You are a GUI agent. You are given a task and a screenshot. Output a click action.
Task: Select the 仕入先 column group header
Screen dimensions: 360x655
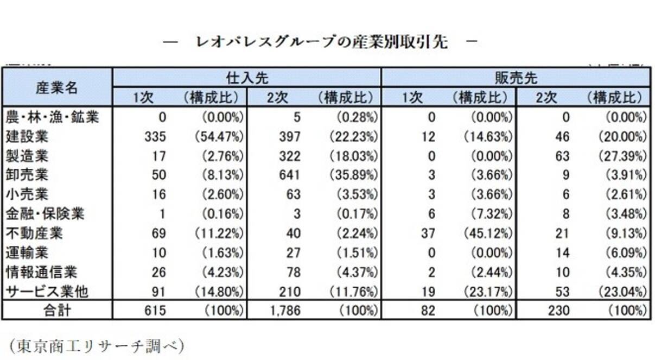click(246, 78)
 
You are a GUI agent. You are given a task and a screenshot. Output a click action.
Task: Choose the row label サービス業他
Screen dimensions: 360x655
click(46, 292)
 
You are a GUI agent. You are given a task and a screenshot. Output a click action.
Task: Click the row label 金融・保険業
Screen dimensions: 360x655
click(44, 214)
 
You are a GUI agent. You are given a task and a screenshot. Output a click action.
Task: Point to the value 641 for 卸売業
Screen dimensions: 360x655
click(291, 175)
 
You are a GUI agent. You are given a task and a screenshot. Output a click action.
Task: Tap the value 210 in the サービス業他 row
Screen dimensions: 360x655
click(291, 292)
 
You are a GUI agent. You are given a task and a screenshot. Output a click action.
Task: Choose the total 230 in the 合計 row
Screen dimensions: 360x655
click(559, 311)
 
